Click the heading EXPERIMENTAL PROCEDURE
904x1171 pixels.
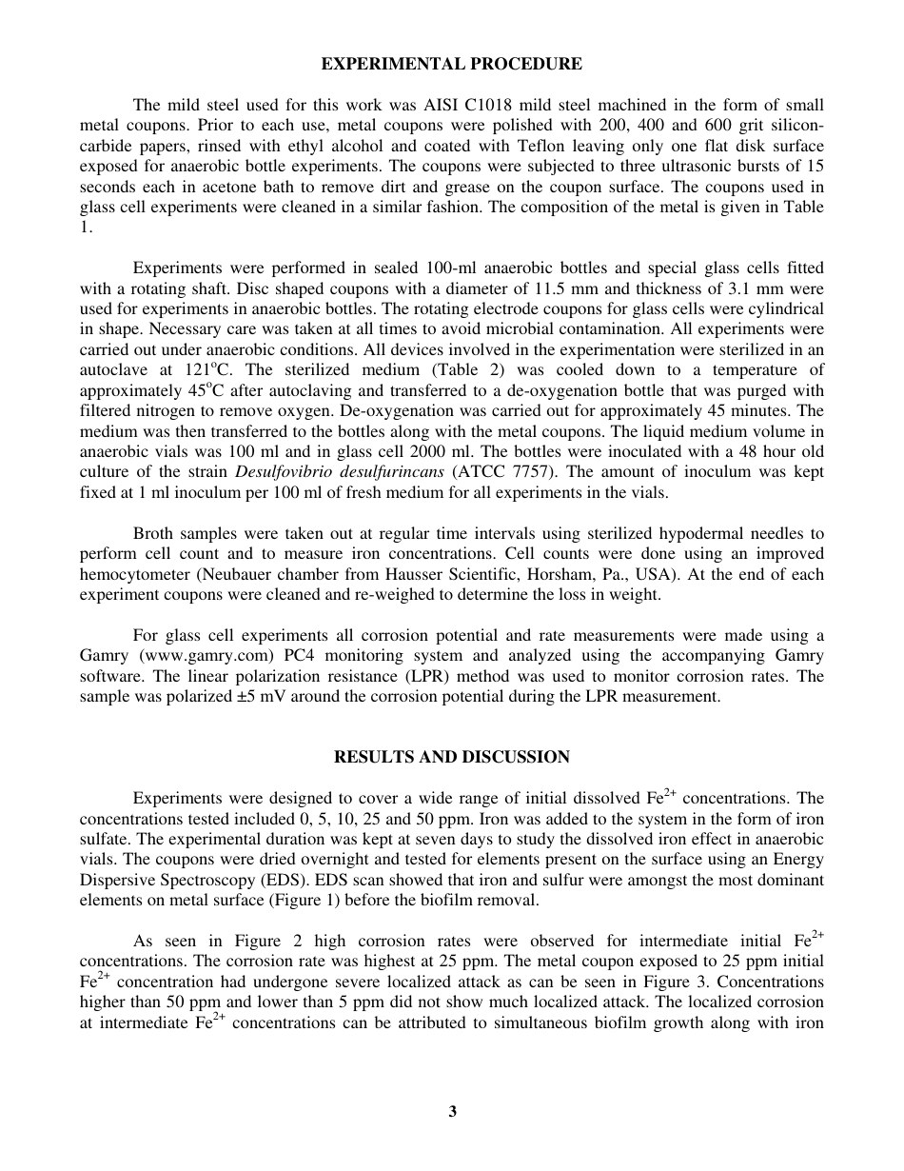451,65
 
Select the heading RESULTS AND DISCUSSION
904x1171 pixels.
451,757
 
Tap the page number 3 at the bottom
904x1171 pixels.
453,1111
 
